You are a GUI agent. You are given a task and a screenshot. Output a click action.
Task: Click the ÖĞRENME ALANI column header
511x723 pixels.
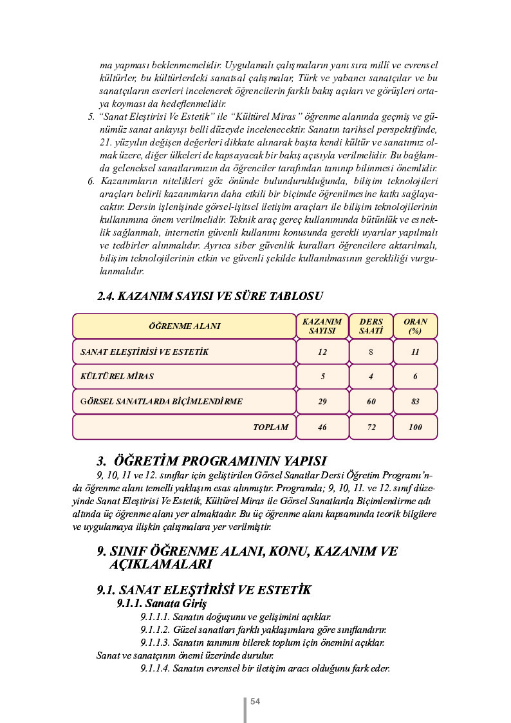(x=184, y=326)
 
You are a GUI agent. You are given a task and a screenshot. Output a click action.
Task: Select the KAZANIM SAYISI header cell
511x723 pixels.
(x=322, y=326)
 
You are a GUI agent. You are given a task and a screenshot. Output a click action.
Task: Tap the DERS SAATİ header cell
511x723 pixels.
(x=371, y=326)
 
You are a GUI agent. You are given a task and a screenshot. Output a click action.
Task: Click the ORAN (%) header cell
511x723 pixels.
(x=415, y=326)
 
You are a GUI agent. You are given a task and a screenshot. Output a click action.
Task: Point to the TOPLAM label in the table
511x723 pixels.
(x=270, y=427)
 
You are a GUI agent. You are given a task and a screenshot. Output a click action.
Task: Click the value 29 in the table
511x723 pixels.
(x=322, y=401)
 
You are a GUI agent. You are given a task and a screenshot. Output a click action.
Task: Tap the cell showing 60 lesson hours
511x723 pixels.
(x=371, y=401)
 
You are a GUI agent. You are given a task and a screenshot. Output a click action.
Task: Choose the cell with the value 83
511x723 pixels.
(x=415, y=401)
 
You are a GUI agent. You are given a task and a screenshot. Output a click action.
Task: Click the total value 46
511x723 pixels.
(x=322, y=427)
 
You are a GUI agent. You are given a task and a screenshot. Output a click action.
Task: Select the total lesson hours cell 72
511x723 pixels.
(x=371, y=427)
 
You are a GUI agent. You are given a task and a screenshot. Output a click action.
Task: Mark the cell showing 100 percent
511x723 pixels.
(x=415, y=427)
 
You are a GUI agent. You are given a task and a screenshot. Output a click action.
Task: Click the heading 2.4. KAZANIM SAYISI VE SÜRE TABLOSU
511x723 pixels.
(x=209, y=297)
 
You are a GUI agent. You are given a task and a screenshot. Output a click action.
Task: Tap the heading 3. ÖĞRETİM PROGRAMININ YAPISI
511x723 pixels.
(x=212, y=461)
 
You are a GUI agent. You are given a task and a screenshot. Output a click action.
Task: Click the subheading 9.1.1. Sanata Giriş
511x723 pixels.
(x=162, y=604)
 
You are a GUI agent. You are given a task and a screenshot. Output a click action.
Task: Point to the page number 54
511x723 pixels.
(x=255, y=701)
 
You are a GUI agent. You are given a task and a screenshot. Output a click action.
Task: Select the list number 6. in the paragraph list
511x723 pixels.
(x=91, y=180)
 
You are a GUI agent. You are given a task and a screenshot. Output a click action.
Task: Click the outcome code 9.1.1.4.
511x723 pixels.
(x=155, y=668)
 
